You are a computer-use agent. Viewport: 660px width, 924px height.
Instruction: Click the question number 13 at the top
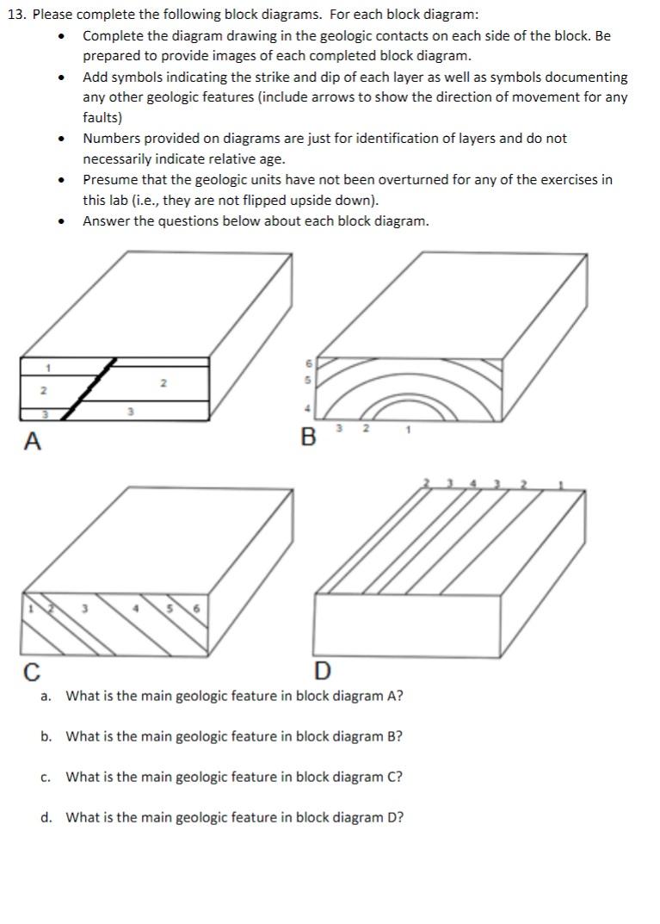tap(16, 16)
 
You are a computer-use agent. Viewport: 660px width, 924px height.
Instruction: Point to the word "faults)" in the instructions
tap(102, 118)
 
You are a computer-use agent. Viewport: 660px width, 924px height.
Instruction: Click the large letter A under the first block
tap(33, 442)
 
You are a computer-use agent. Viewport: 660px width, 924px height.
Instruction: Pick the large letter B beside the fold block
tap(309, 437)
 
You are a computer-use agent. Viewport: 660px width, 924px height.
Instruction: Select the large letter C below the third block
tap(32, 670)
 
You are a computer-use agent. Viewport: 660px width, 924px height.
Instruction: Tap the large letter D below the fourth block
tap(323, 670)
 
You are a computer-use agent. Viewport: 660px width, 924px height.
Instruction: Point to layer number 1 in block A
tap(49, 368)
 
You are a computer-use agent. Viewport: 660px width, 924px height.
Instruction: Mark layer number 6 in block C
tap(196, 608)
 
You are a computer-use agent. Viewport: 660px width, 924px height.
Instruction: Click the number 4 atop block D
tap(472, 484)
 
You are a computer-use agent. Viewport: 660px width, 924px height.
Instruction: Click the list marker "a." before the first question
tap(46, 695)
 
